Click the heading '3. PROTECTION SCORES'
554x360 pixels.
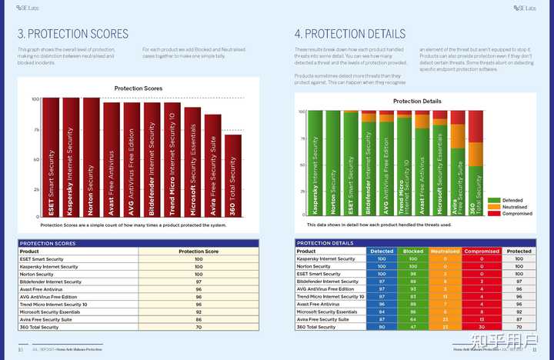coord(73,34)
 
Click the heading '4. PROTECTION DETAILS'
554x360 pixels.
coord(349,34)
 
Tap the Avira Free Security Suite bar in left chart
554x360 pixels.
coord(212,165)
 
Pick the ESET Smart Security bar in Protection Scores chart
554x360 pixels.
coord(51,157)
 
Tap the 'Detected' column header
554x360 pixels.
coord(382,252)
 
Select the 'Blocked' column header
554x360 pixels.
coord(413,252)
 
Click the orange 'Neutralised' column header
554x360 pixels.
coord(445,252)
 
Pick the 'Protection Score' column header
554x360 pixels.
coord(199,252)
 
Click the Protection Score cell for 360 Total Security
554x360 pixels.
coord(199,327)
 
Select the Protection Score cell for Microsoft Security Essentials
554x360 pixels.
coord(199,312)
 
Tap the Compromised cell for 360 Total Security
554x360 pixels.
coord(482,327)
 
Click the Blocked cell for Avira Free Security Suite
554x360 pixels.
coord(413,319)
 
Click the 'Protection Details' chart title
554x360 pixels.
coord(417,102)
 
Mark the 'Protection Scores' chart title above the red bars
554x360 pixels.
coord(138,88)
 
